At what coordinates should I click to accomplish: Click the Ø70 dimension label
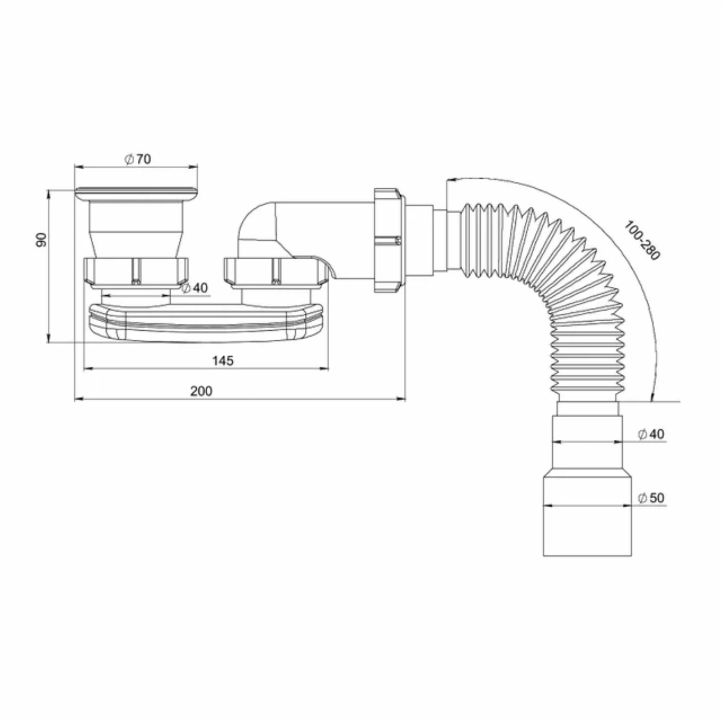pos(138,159)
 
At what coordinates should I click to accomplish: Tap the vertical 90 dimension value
pos(41,240)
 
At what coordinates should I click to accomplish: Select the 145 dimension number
pos(223,360)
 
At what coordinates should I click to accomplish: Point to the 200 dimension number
pos(201,391)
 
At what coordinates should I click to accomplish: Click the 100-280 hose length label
pos(641,240)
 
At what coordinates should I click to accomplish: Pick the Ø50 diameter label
pos(651,497)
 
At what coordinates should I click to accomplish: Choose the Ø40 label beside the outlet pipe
pos(651,434)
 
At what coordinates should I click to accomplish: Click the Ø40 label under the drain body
pos(194,288)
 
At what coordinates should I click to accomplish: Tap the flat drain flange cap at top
pos(137,194)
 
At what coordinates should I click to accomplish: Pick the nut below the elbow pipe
pos(275,272)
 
